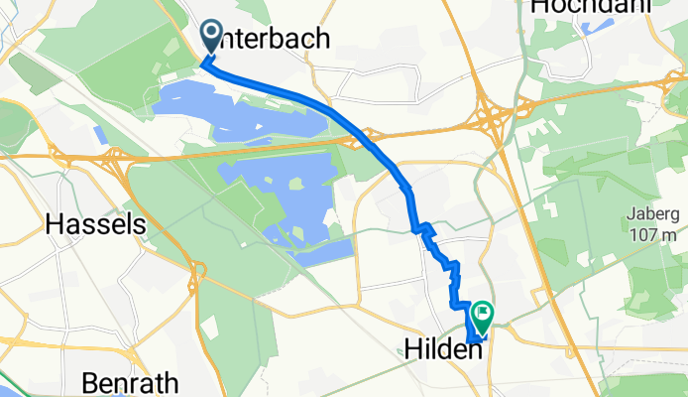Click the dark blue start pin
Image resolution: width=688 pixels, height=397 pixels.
pos(212,39)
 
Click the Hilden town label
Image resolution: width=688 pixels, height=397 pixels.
pos(444,348)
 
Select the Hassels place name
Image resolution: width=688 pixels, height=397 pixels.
pos(96,225)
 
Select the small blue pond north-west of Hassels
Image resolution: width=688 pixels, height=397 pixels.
pos(99,136)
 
